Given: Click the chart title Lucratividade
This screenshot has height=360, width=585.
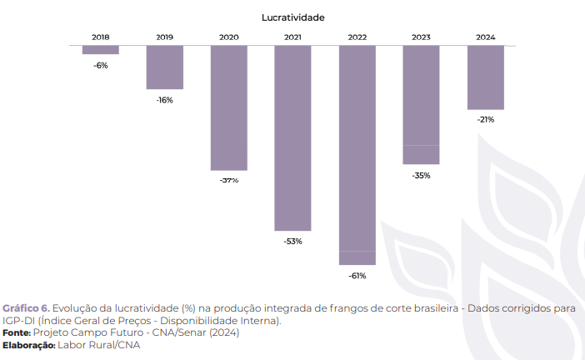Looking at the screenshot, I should pyautogui.click(x=292, y=17).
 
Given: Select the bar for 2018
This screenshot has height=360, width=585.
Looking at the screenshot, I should pyautogui.click(x=100, y=50).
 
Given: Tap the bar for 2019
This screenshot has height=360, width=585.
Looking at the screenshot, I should pyautogui.click(x=165, y=67).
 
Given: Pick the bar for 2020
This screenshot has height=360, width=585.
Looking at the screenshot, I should pyautogui.click(x=228, y=108).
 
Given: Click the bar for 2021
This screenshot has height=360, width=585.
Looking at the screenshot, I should pyautogui.click(x=292, y=138).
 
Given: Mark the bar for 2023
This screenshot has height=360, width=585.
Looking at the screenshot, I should pyautogui.click(x=421, y=105).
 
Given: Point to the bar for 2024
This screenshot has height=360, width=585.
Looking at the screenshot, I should pyautogui.click(x=486, y=77).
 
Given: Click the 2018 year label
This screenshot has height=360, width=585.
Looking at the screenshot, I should pyautogui.click(x=100, y=37).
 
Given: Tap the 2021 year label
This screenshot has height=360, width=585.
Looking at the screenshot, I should pyautogui.click(x=292, y=37).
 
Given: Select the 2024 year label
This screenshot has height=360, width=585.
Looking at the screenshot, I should pyautogui.click(x=486, y=37).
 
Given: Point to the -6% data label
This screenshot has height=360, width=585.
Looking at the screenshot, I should pyautogui.click(x=100, y=65).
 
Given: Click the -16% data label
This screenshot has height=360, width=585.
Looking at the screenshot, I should pyautogui.click(x=165, y=100).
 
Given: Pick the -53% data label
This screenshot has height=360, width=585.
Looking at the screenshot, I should pyautogui.click(x=292, y=242).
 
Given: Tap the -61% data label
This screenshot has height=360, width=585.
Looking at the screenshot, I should pyautogui.click(x=357, y=275).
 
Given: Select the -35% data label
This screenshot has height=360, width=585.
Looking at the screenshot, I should pyautogui.click(x=421, y=175).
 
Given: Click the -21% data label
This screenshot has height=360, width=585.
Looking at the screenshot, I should pyautogui.click(x=486, y=120).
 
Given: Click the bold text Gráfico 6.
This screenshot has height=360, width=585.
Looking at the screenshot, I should pyautogui.click(x=26, y=308).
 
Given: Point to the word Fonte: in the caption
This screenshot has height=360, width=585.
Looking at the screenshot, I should pyautogui.click(x=17, y=332).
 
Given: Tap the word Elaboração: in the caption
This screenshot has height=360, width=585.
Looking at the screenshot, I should pyautogui.click(x=28, y=345).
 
